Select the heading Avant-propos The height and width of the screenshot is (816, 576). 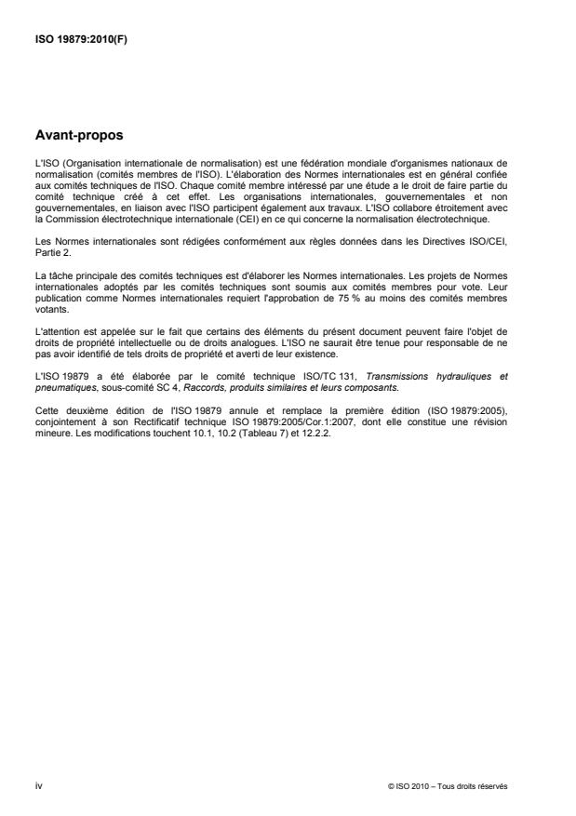click(x=78, y=135)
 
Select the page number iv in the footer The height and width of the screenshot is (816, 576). click(x=38, y=785)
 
